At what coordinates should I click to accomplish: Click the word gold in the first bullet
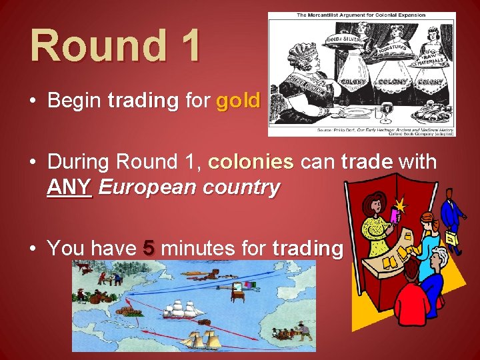click(x=238, y=101)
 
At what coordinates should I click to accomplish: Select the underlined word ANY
click(x=69, y=187)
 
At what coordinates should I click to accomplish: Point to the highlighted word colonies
click(x=251, y=162)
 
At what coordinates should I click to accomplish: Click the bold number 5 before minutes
click(x=149, y=249)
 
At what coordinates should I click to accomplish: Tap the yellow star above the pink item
click(x=401, y=201)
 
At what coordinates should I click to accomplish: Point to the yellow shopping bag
click(x=451, y=238)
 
